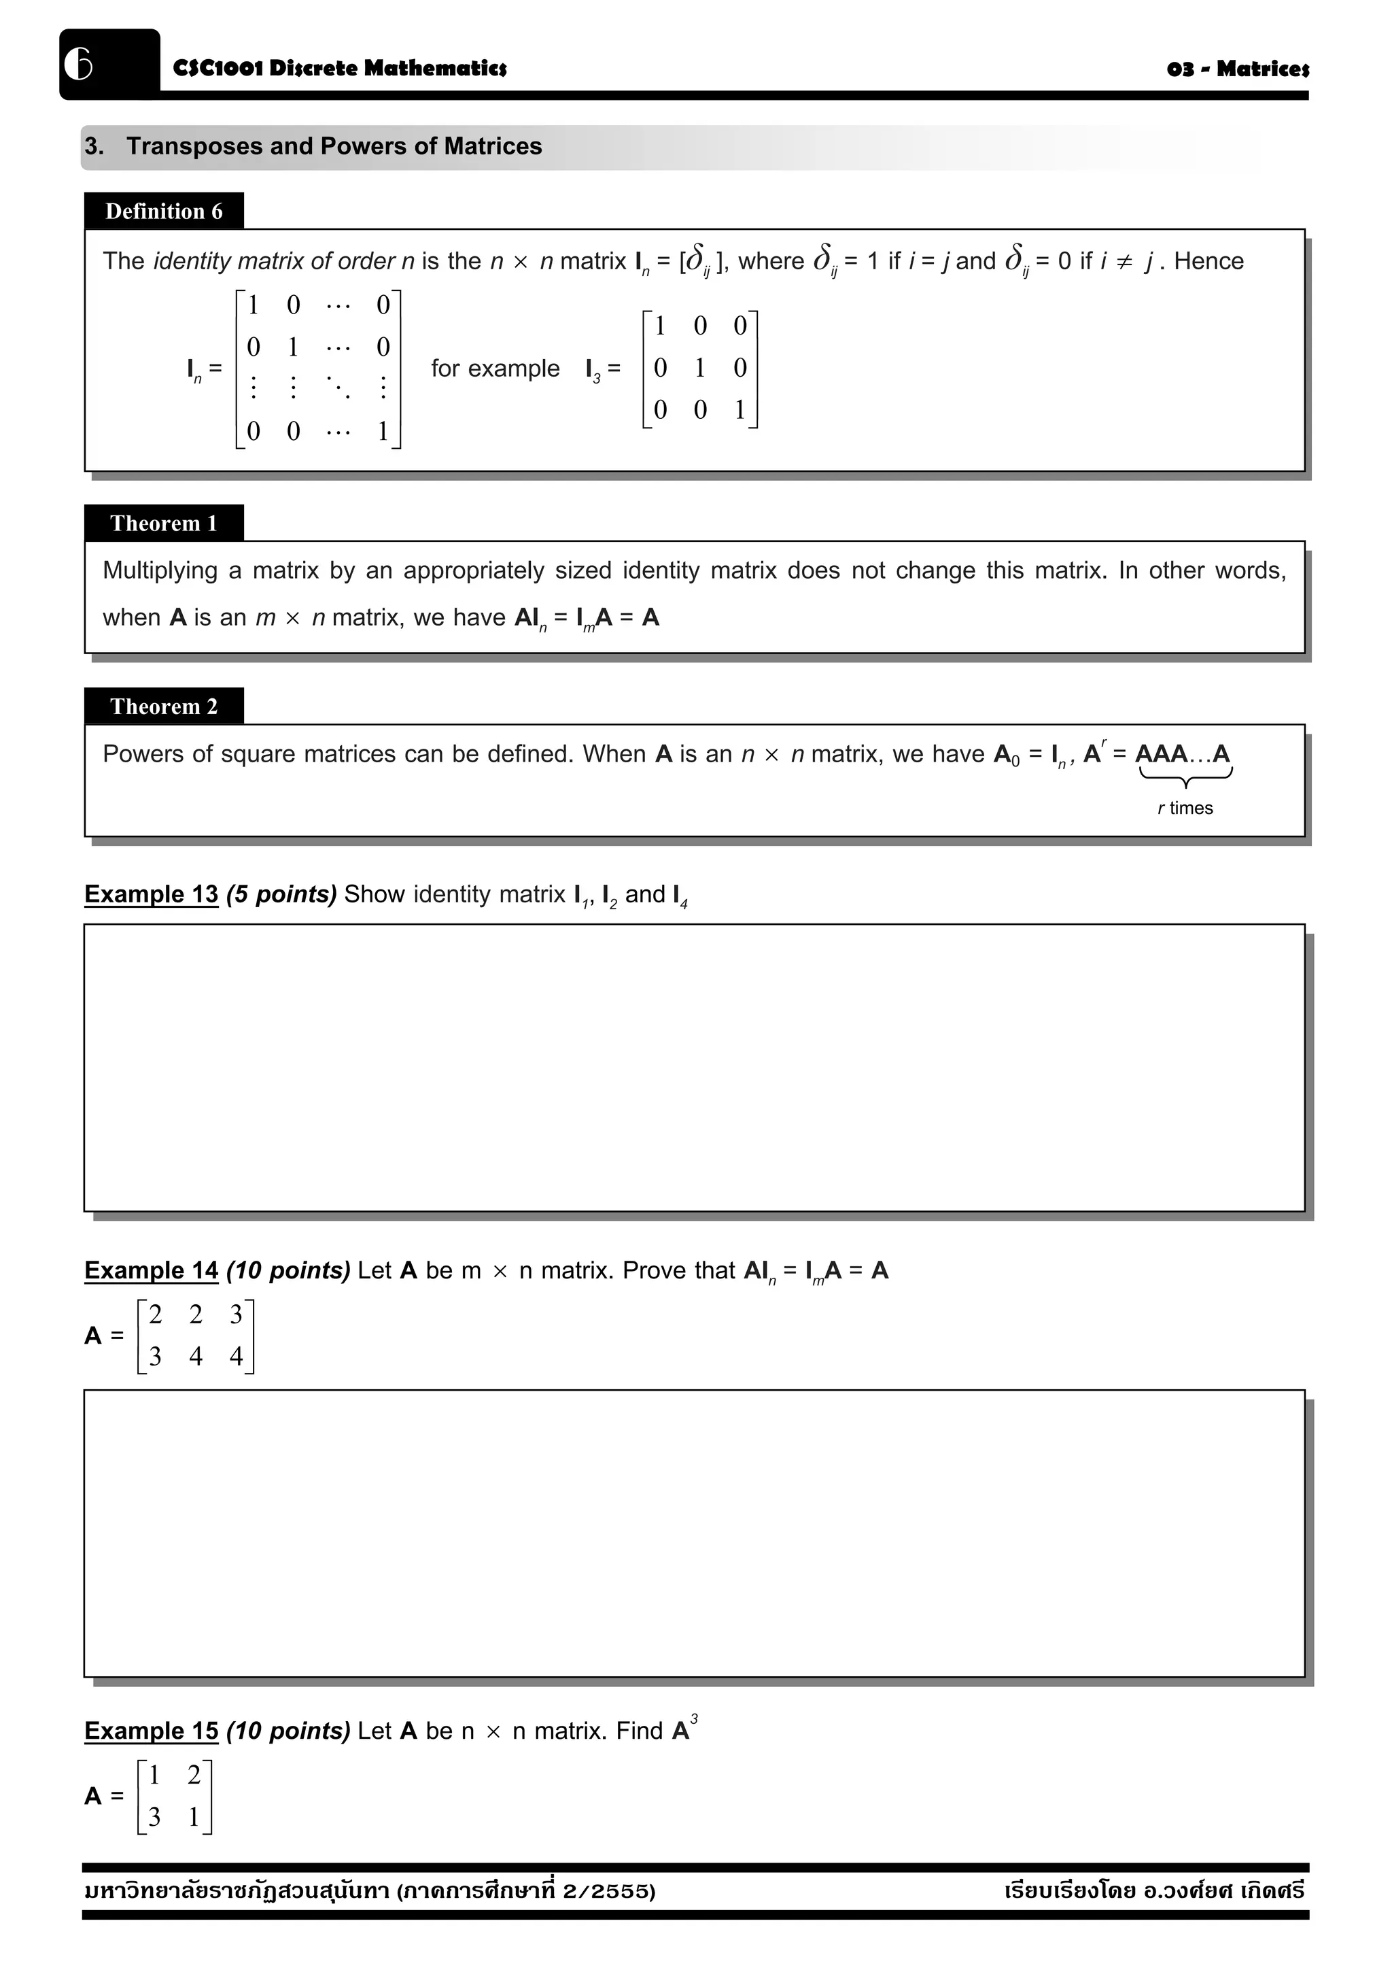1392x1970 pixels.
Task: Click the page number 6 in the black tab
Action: (x=79, y=63)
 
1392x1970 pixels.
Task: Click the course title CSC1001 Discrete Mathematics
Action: (x=340, y=68)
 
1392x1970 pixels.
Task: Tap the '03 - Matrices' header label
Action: (x=1237, y=69)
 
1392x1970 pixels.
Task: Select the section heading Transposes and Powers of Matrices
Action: (x=334, y=146)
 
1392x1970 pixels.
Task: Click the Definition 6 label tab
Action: (x=164, y=211)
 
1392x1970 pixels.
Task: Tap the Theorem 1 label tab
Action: (x=164, y=524)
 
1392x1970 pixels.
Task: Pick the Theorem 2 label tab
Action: (x=164, y=706)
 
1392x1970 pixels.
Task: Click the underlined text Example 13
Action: (x=151, y=894)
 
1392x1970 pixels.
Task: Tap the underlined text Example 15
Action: (x=151, y=1731)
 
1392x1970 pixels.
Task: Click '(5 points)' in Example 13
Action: (x=281, y=894)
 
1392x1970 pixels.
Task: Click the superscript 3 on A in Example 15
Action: (x=694, y=1718)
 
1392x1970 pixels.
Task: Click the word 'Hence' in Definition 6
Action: (x=1208, y=261)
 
